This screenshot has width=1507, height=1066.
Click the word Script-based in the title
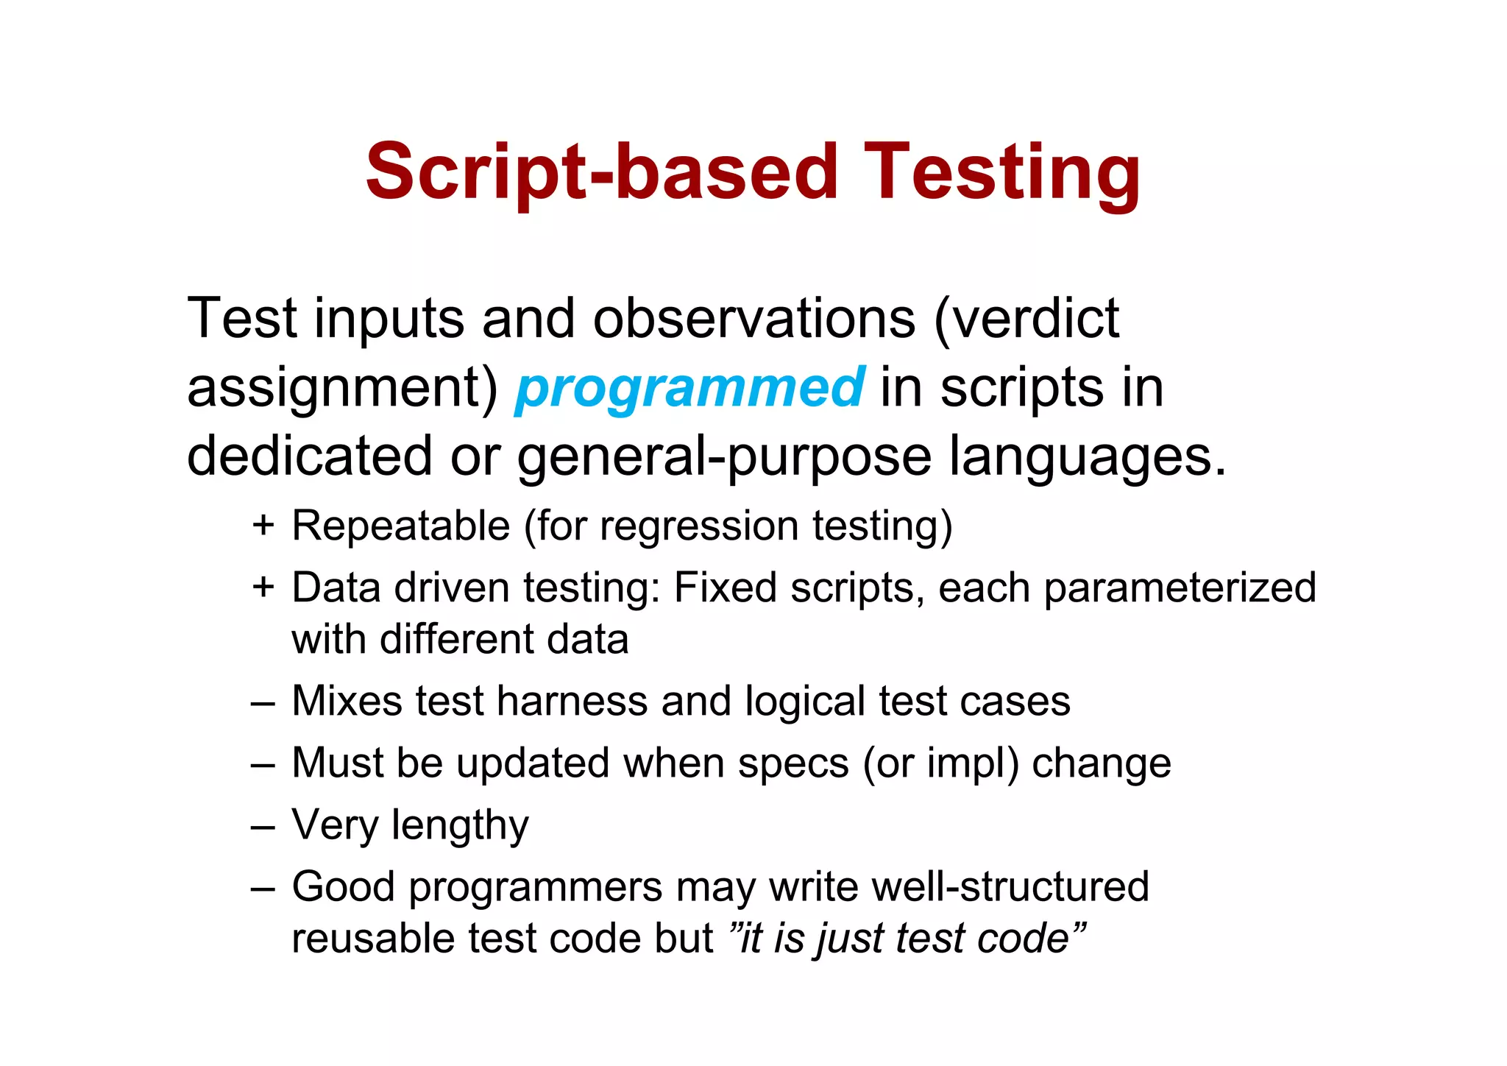pos(601,172)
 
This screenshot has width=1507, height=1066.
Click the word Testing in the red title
pos(1002,172)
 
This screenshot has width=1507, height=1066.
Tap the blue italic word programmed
pos(689,388)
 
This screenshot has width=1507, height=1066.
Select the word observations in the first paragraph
pos(754,319)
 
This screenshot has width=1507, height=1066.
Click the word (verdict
pos(1026,319)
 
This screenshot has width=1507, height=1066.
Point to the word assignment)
pos(342,388)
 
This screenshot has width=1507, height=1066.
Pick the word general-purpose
pos(724,456)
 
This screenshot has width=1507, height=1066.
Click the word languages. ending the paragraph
pos(1088,456)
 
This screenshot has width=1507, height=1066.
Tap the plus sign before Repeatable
pos(263,526)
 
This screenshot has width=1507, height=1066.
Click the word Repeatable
pos(401,526)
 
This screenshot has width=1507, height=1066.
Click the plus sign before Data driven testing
pos(263,587)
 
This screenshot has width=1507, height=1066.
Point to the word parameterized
pos(1180,587)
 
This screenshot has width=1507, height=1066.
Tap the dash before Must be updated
pos(263,763)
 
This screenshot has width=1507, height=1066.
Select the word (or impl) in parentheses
pos(941,763)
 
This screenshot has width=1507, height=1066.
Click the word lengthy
pos(460,825)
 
